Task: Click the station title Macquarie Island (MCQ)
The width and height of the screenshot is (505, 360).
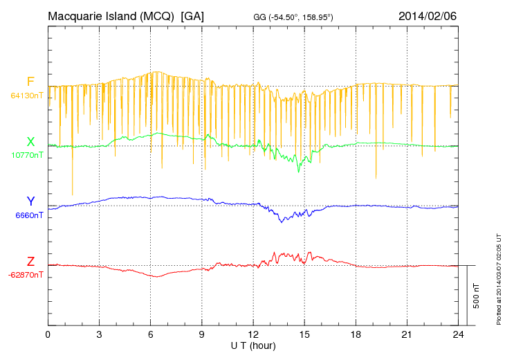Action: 111,15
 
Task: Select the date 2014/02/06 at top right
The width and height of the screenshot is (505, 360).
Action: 427,15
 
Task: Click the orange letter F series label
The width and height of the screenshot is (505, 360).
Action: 30,82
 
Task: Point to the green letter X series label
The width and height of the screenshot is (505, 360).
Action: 30,141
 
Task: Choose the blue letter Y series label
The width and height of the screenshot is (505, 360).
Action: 30,201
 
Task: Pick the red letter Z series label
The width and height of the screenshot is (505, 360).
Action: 30,261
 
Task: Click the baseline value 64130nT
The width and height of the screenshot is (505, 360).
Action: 27,96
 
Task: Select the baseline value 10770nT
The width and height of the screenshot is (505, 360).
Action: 27,155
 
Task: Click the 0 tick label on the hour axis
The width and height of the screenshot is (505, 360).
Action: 48,335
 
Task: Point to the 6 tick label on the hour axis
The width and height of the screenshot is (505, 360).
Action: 151,335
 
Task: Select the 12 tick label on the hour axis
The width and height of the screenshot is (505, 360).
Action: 253,335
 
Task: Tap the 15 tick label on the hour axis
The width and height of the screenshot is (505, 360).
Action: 304,335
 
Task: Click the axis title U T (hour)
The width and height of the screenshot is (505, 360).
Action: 253,345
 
